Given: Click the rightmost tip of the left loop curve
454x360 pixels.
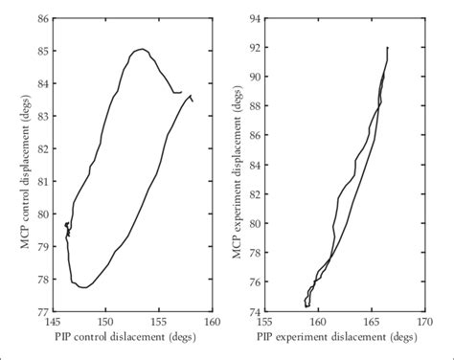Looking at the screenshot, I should (x=193, y=100).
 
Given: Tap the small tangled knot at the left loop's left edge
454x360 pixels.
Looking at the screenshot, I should (x=67, y=227).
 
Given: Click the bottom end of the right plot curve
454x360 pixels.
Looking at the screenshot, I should (x=306, y=305).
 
